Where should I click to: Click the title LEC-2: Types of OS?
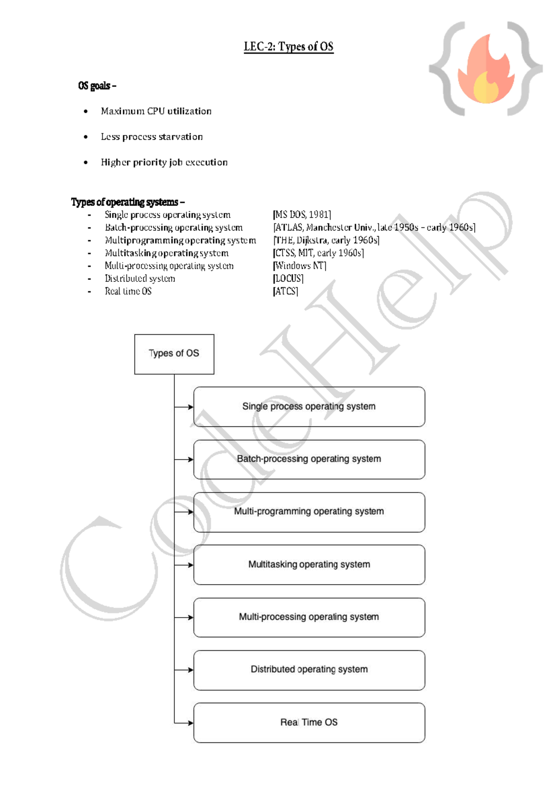coord(289,47)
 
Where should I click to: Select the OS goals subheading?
coord(97,86)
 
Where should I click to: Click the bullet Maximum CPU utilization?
coord(156,112)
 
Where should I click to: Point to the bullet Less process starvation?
coord(152,137)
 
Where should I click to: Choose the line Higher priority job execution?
coord(164,162)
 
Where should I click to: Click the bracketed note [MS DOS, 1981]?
coord(302,215)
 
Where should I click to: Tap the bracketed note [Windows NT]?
coord(300,266)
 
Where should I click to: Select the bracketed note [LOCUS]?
coord(288,279)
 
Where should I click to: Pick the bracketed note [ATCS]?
coord(285,292)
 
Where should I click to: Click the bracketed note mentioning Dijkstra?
coord(326,240)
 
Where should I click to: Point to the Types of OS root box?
coord(174,354)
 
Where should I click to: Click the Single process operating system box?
coord(309,407)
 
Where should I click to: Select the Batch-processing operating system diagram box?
coord(309,459)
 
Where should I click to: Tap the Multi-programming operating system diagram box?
coord(309,512)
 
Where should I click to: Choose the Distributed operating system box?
coord(309,670)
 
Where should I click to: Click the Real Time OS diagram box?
coord(309,723)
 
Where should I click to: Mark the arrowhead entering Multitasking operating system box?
coord(190,565)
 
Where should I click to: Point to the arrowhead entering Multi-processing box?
coord(190,618)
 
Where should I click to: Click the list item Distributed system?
coord(140,279)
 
